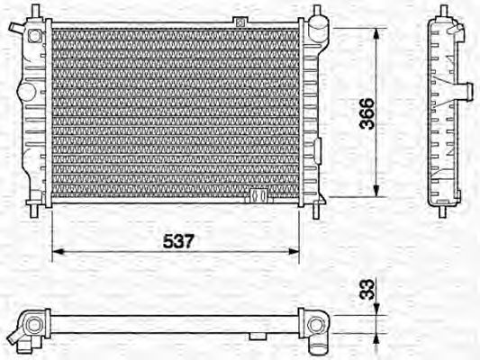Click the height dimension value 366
[x=367, y=113]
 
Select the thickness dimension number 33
[x=367, y=291]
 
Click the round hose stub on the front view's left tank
[x=23, y=90]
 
